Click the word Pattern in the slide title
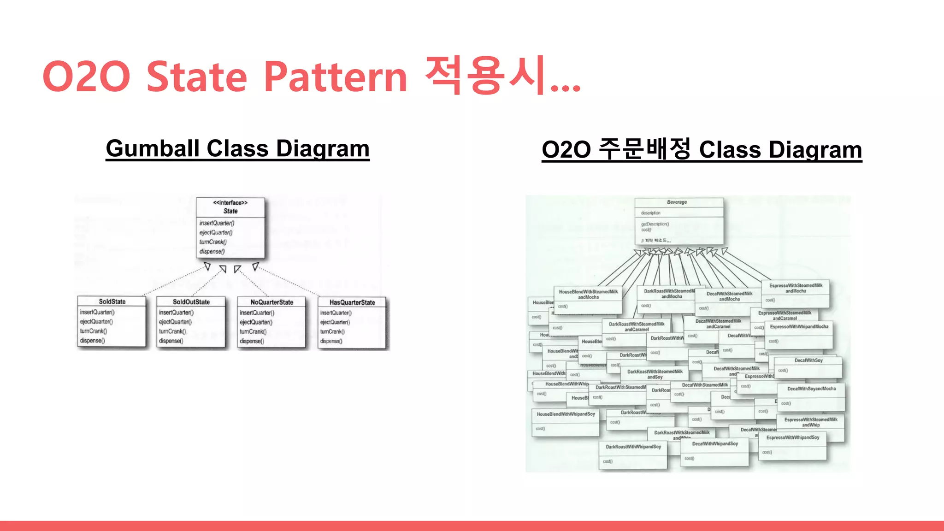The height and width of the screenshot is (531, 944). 336,77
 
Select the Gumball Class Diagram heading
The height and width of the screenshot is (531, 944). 237,149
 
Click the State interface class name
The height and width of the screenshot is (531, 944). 230,211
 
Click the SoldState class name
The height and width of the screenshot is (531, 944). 112,301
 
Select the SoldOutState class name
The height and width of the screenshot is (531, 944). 191,302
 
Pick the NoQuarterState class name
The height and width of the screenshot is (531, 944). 271,302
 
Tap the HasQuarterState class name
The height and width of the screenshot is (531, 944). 352,302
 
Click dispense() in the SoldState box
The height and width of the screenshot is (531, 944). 93,341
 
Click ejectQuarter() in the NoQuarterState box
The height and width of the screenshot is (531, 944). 256,322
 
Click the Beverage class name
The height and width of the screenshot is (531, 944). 677,202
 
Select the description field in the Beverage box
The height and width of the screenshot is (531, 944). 650,213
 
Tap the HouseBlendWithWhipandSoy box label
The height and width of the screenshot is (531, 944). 566,414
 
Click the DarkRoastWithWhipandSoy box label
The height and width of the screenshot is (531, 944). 633,447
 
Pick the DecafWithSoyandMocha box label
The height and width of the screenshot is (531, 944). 811,389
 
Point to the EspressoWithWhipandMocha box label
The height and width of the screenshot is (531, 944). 799,326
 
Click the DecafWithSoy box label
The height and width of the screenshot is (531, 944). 808,360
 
